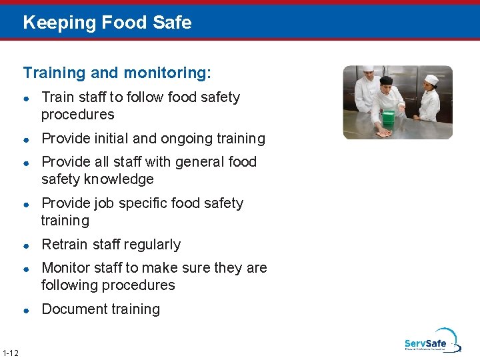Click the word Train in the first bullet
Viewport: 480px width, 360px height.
[x=57, y=97]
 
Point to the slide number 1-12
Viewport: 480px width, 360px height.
[x=10, y=352]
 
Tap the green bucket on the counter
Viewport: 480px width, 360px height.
[x=387, y=118]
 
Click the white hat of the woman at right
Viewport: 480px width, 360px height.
[x=431, y=79]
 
